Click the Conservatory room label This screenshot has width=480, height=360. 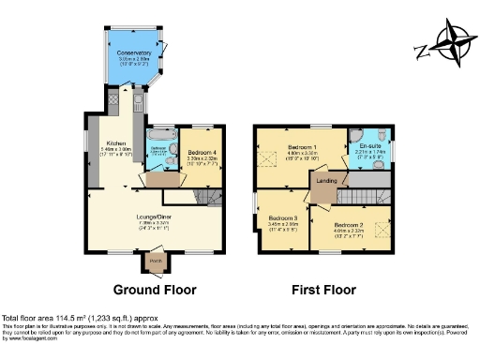tap(134, 53)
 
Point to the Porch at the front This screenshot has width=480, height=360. tap(157, 261)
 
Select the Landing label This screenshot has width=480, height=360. tap(326, 180)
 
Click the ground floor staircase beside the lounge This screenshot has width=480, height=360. tap(215, 197)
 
